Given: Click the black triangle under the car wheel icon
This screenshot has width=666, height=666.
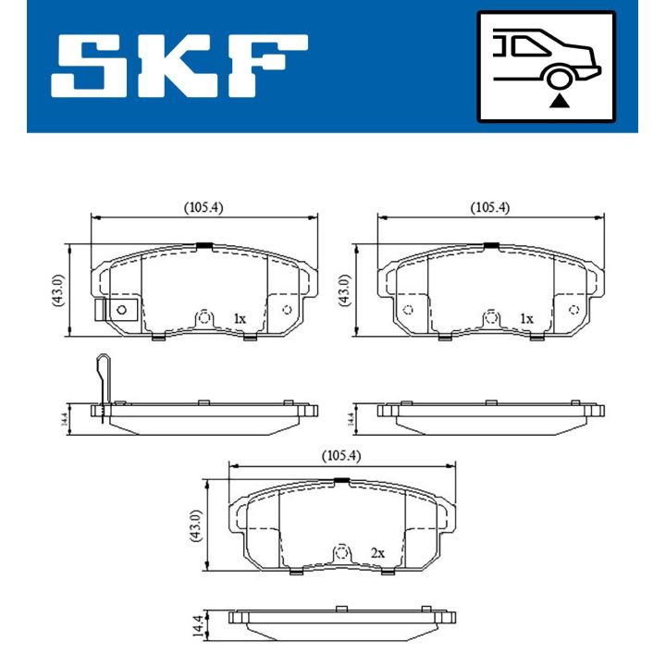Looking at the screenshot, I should tap(559, 101).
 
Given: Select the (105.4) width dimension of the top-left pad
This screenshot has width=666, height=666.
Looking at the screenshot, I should tap(203, 208).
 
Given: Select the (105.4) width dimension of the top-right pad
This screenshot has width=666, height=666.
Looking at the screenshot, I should tap(490, 208).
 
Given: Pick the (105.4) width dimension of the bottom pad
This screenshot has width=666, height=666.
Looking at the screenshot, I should tap(341, 455).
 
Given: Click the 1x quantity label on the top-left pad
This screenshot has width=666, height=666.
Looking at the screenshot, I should tap(239, 318).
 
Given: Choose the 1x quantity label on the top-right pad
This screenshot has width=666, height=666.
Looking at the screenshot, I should tap(526, 318).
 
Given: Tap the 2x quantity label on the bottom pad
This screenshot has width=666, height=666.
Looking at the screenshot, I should tap(377, 552).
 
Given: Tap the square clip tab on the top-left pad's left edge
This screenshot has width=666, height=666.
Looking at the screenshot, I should tap(117, 310).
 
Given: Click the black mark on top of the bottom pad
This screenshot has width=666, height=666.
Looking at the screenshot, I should tap(341, 479).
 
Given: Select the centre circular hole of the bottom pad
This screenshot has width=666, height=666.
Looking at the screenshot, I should tap(341, 554).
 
